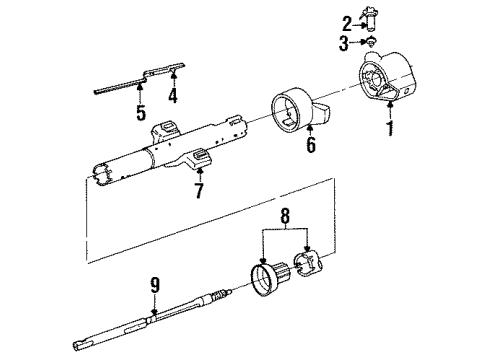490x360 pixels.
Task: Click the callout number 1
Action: pos(389,130)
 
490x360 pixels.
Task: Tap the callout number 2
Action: pos(347,23)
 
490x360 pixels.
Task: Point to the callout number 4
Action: pos(172,97)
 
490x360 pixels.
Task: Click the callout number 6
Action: pos(310,145)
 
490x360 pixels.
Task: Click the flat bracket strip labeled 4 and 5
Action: pos(140,80)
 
